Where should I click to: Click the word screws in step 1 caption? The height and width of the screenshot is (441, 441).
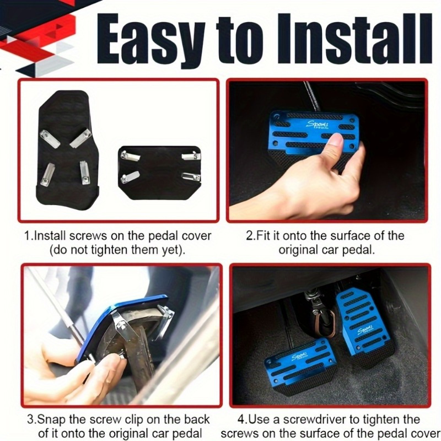pos(88,236)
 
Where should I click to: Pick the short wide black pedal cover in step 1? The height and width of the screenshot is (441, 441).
pos(160,173)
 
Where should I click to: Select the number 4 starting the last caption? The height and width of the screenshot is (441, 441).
pos(241,420)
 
